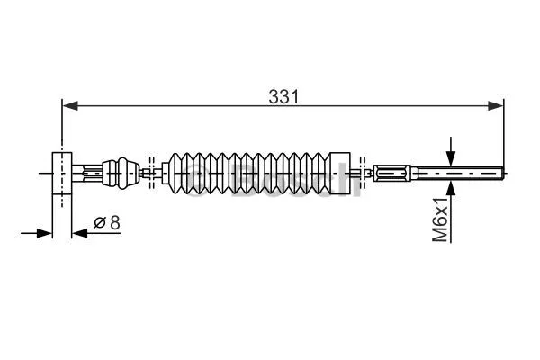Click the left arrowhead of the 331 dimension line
(68, 106)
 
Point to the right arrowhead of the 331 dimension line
(497, 106)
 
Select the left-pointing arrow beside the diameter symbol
(80, 233)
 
